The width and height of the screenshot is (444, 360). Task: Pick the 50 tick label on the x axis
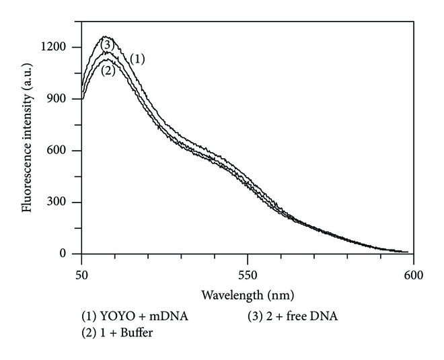(x=81, y=275)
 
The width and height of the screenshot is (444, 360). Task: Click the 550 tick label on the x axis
(x=248, y=275)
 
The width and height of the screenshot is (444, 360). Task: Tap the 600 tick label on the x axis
(x=413, y=275)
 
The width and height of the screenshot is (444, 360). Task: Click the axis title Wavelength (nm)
(x=248, y=295)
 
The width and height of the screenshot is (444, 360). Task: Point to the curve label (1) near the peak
(x=137, y=59)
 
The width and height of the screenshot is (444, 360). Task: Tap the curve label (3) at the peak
(x=106, y=44)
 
